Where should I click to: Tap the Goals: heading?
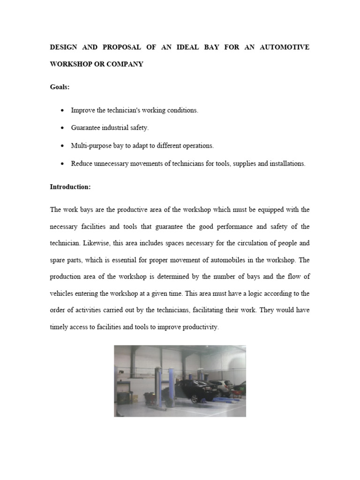(x=60, y=87)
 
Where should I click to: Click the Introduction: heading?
(x=70, y=187)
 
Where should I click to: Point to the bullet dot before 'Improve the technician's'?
(x=63, y=111)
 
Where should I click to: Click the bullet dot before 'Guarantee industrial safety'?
(x=63, y=128)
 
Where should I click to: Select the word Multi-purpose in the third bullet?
(x=88, y=146)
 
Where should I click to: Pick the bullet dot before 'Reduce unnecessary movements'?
(x=63, y=164)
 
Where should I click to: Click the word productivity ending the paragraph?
(x=200, y=327)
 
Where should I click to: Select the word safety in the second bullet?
(x=139, y=127)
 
